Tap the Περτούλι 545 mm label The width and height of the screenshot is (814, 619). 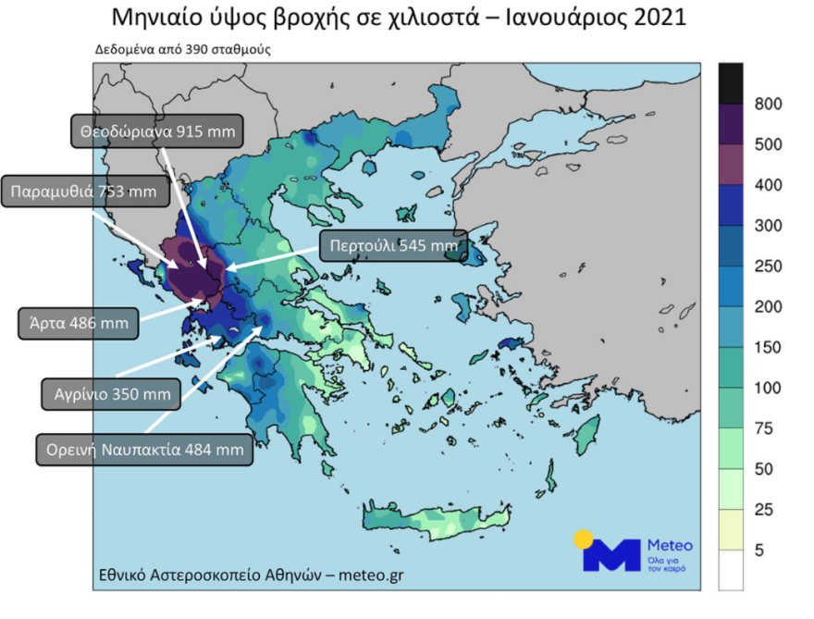(389, 245)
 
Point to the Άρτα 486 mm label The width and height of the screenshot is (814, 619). (80, 324)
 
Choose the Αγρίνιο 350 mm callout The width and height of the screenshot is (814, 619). (107, 393)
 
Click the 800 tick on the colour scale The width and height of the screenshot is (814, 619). (769, 104)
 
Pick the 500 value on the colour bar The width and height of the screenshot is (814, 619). (769, 144)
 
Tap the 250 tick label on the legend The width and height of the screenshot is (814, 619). (769, 266)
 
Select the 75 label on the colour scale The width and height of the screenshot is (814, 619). (765, 429)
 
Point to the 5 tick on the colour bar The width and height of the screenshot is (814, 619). (760, 551)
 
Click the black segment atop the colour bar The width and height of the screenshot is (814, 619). (731, 83)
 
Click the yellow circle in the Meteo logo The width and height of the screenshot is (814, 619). (584, 539)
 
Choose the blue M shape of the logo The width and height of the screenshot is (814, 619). (612, 555)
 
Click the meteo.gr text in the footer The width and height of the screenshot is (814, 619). (373, 575)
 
